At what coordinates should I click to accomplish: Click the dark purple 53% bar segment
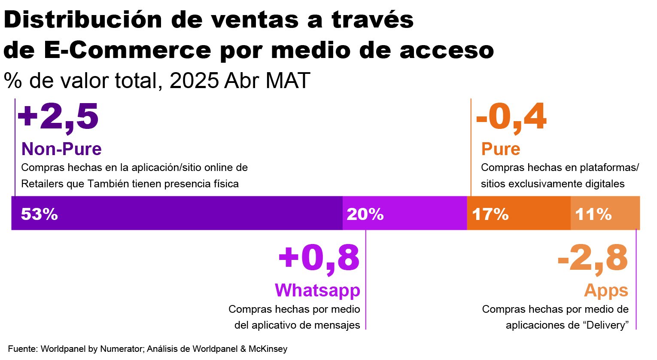pos(176,214)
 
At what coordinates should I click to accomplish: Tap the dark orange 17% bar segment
pos(519,214)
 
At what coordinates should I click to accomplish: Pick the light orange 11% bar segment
pos(605,214)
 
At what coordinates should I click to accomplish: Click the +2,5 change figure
pos(58,116)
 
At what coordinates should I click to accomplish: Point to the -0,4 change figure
pos(511,116)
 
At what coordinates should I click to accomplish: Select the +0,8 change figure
pos(319,258)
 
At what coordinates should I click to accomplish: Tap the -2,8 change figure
pos(593,258)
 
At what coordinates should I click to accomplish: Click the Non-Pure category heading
pos(61,149)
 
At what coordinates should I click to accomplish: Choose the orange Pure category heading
pos(501,149)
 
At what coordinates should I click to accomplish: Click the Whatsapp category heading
pos(317,290)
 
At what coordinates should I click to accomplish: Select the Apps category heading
pos(606,291)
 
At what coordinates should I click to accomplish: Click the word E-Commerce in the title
pos(128,50)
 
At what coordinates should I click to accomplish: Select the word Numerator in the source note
pos(122,349)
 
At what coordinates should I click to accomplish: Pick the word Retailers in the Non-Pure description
pos(42,184)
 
